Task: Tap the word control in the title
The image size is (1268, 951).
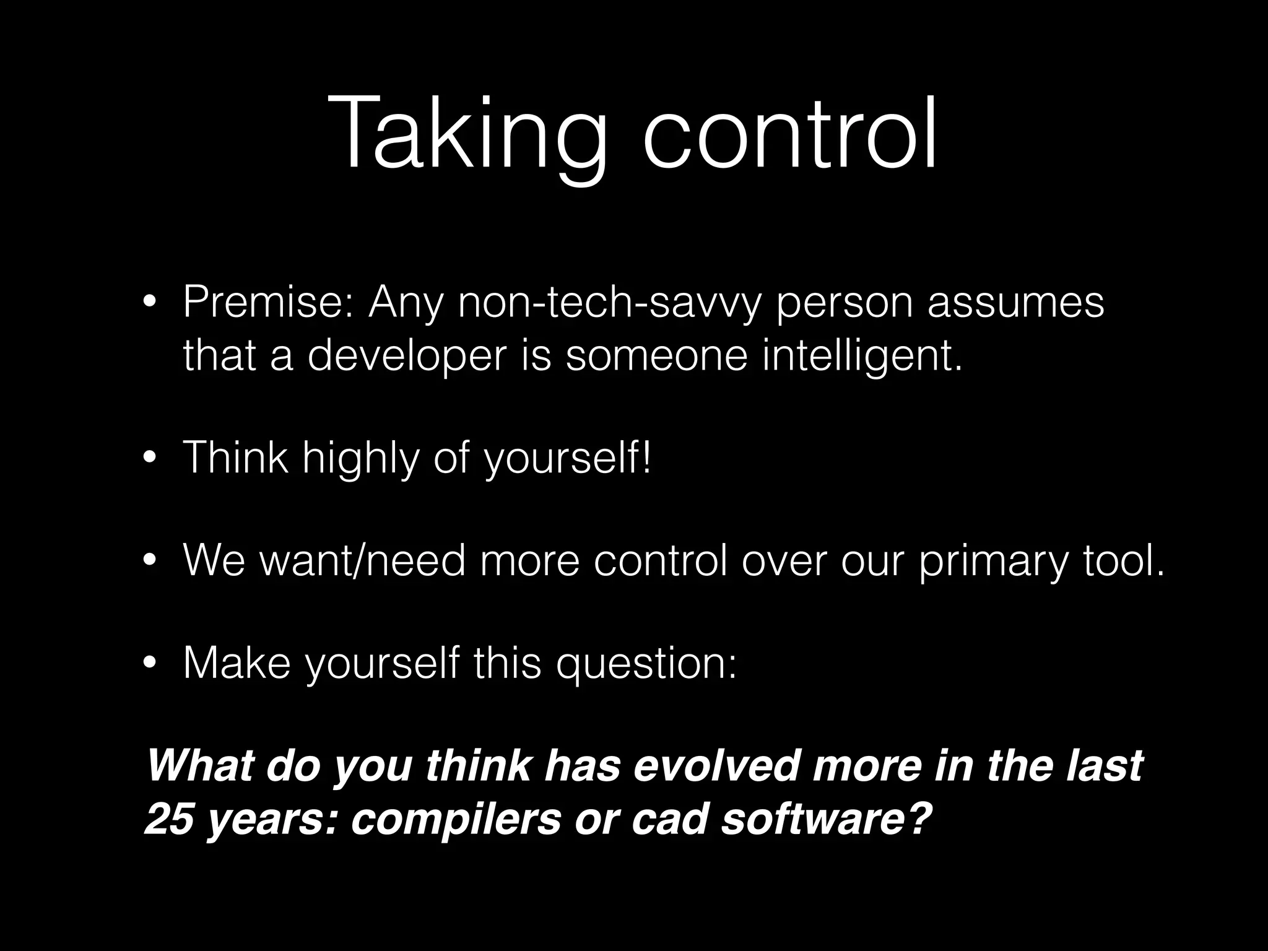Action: coord(789,133)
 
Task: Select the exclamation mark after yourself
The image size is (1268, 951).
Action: coord(646,458)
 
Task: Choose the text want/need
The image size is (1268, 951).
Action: coord(362,561)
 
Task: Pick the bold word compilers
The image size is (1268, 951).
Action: coord(455,820)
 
